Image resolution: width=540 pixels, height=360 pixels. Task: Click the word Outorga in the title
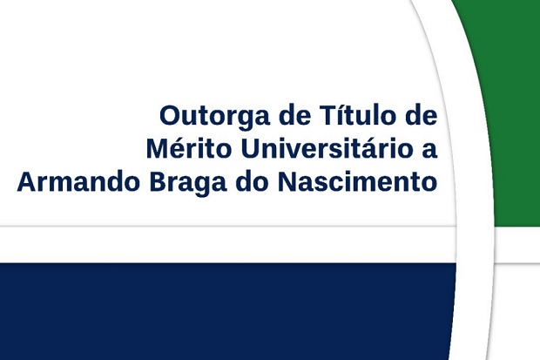[214, 117]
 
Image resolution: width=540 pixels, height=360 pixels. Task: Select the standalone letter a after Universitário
[429, 151]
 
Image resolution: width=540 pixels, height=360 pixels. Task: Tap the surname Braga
[188, 183]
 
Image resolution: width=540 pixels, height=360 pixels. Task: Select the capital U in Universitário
[250, 148]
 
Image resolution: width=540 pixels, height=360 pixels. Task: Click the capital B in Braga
[158, 181]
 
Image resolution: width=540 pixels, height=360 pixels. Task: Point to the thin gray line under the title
[227, 227]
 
